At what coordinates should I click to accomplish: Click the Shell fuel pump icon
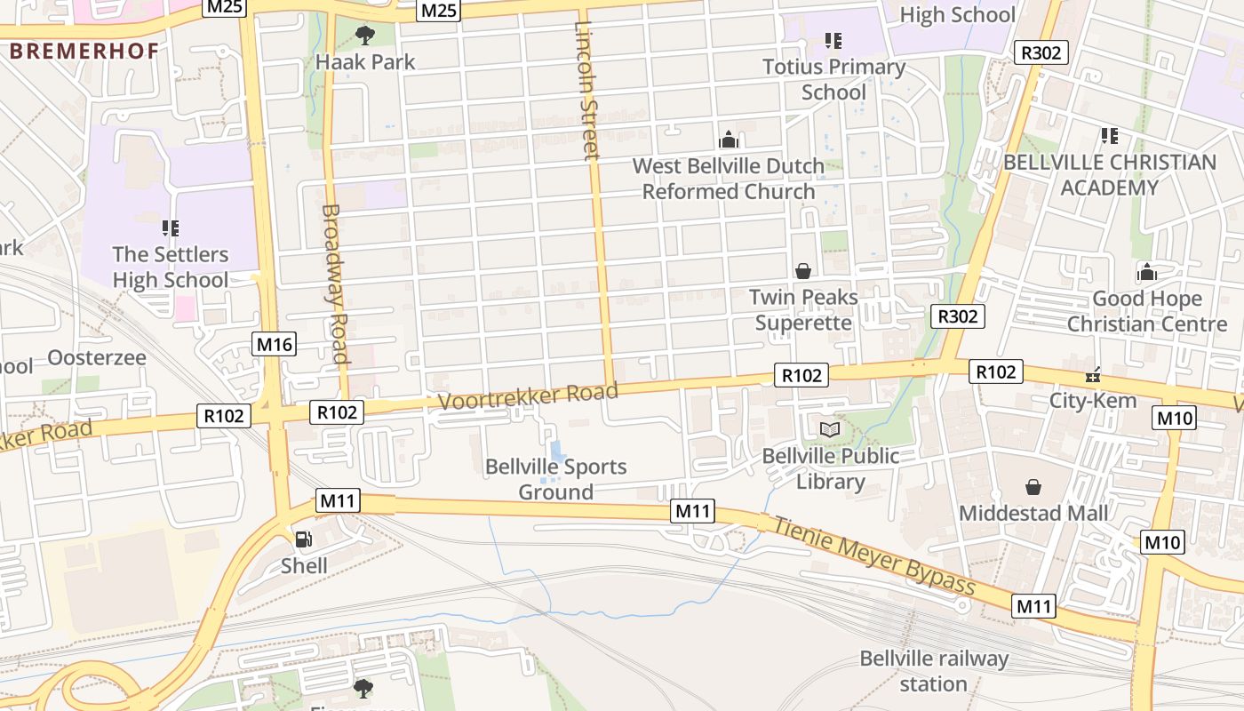[x=303, y=539]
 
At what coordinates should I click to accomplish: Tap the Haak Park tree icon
[x=364, y=36]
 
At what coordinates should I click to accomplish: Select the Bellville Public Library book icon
[x=830, y=430]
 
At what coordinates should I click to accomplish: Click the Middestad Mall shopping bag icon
[x=1033, y=487]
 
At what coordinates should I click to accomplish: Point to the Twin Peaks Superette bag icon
[x=803, y=271]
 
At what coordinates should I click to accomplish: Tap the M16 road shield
[x=273, y=345]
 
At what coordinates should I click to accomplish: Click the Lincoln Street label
[x=586, y=90]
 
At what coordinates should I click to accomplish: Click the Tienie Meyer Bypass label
[x=875, y=555]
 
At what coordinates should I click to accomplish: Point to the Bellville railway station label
[x=933, y=671]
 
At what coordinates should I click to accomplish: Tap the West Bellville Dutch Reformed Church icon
[x=729, y=140]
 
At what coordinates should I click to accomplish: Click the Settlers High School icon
[x=171, y=228]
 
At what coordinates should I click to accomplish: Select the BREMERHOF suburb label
[x=84, y=51]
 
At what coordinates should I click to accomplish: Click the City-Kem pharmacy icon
[x=1094, y=375]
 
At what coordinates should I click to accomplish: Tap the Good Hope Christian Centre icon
[x=1147, y=272]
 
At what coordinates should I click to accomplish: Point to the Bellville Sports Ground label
[x=555, y=479]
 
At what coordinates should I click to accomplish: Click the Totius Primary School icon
[x=833, y=40]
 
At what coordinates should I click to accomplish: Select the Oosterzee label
[x=96, y=357]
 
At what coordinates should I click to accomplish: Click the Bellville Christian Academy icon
[x=1109, y=136]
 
